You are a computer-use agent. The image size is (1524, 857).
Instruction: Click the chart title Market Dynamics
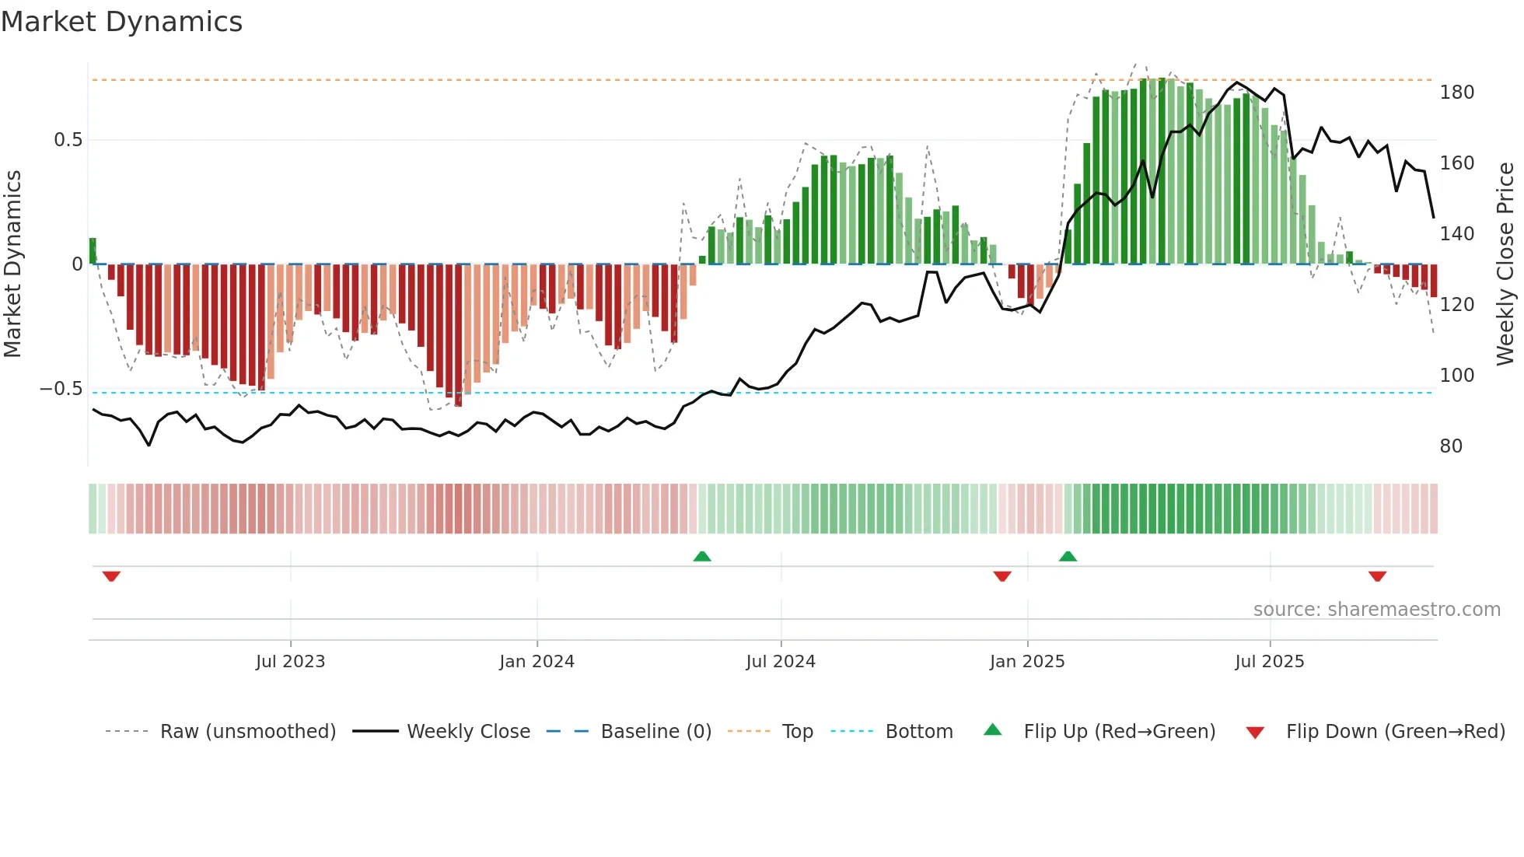pyautogui.click(x=122, y=22)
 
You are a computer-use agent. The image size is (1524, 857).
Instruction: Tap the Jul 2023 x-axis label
pyautogui.click(x=290, y=662)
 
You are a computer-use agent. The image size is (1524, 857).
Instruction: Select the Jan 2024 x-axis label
pyautogui.click(x=537, y=662)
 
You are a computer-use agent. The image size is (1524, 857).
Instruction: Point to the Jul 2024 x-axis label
pyautogui.click(x=781, y=662)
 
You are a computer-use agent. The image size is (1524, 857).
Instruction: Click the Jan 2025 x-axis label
pyautogui.click(x=1027, y=662)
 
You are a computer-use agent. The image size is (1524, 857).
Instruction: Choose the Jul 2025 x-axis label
pyautogui.click(x=1270, y=662)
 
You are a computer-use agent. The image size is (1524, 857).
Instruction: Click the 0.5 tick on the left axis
pyautogui.click(x=68, y=140)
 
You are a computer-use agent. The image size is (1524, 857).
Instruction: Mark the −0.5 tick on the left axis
pyautogui.click(x=61, y=389)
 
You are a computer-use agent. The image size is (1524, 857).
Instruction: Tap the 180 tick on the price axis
pyautogui.click(x=1456, y=93)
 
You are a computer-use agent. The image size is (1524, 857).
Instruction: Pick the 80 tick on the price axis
pyautogui.click(x=1451, y=446)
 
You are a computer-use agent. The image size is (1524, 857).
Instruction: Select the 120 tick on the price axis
pyautogui.click(x=1456, y=305)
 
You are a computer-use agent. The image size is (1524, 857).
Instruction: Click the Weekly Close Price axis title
pyautogui.click(x=1506, y=264)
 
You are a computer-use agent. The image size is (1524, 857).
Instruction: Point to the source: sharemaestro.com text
pyautogui.click(x=1376, y=610)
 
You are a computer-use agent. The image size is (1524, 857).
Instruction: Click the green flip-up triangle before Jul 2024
pyautogui.click(x=702, y=557)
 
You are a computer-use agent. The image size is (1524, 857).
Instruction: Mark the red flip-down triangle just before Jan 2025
pyautogui.click(x=1002, y=576)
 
